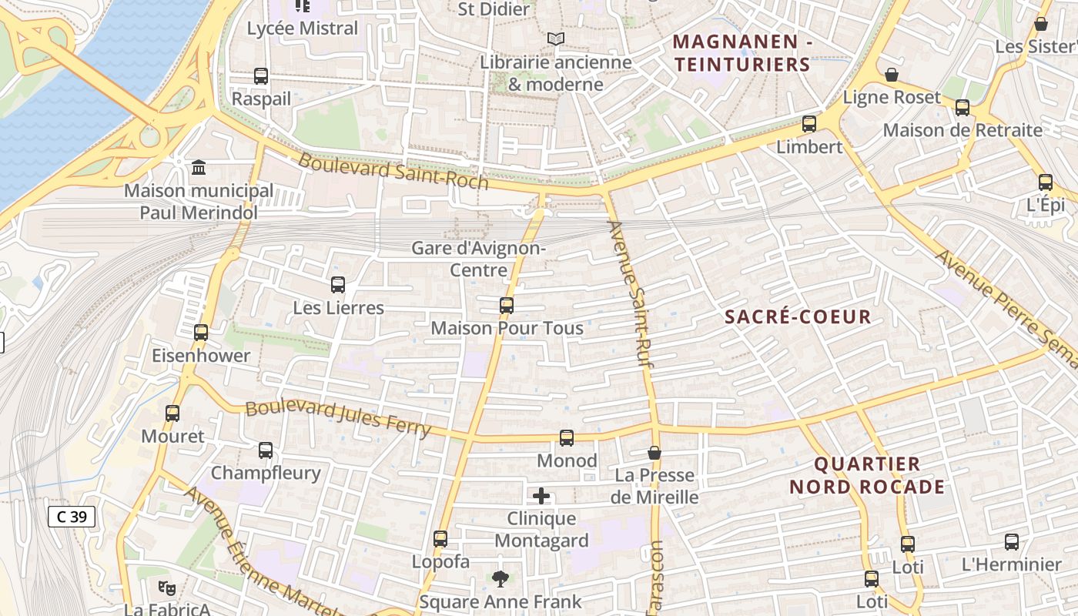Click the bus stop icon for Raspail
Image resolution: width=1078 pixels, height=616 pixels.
(x=261, y=76)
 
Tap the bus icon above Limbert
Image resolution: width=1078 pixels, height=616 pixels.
(x=809, y=124)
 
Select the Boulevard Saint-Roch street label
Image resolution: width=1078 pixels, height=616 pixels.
(x=393, y=171)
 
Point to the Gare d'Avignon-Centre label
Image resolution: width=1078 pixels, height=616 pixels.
(x=478, y=259)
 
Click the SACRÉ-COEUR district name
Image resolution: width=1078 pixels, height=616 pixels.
(x=798, y=316)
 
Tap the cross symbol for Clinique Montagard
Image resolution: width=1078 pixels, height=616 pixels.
(x=541, y=496)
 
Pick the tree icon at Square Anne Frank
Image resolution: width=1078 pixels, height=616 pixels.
(x=500, y=578)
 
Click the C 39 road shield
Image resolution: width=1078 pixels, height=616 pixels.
(x=72, y=517)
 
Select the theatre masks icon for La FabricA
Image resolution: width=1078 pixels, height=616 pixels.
(x=166, y=588)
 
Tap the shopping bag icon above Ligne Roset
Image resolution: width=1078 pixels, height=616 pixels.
(x=892, y=75)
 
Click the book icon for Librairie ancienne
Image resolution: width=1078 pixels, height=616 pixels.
(x=555, y=38)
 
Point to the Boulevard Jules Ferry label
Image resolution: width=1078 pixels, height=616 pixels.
(x=337, y=418)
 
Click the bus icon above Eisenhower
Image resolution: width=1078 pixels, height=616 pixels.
(x=201, y=333)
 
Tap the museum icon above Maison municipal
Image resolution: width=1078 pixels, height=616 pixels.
(x=199, y=167)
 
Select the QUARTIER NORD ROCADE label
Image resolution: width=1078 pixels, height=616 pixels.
(x=867, y=475)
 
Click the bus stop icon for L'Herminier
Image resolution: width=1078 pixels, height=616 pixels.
(x=1012, y=542)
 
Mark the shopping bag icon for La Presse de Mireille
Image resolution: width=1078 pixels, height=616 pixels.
(x=654, y=453)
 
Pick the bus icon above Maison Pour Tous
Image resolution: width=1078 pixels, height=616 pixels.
(x=506, y=306)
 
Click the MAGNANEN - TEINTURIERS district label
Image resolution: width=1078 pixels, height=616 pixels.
(x=743, y=53)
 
